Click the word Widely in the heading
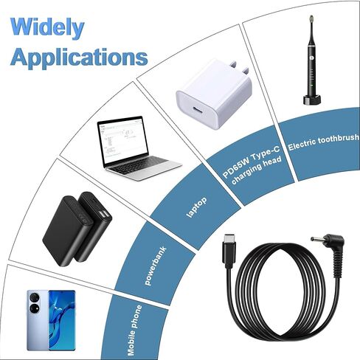[x=47, y=28]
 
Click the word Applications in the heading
[x=79, y=58]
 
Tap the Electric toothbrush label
[x=324, y=142]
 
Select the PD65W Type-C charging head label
[x=252, y=166]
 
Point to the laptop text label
[x=196, y=207]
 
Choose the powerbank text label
[x=156, y=266]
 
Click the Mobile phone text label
[x=135, y=330]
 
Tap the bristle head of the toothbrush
[x=311, y=19]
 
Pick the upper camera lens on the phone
[x=35, y=297]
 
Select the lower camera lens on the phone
[x=35, y=308]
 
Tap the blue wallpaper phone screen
[x=62, y=320]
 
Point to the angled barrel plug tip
[x=316, y=239]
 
